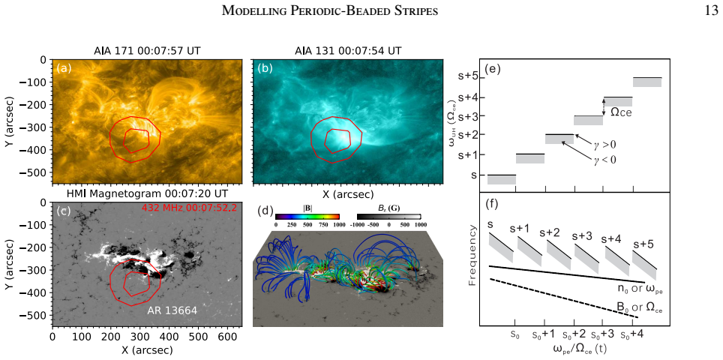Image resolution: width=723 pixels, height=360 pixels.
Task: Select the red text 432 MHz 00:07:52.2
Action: click(190, 208)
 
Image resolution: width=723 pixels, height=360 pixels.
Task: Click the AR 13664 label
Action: click(172, 310)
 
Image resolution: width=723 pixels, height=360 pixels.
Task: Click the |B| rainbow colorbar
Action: click(307, 216)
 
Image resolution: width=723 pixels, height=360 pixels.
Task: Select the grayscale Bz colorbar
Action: click(388, 216)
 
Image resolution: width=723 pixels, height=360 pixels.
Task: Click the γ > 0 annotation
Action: click(604, 145)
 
